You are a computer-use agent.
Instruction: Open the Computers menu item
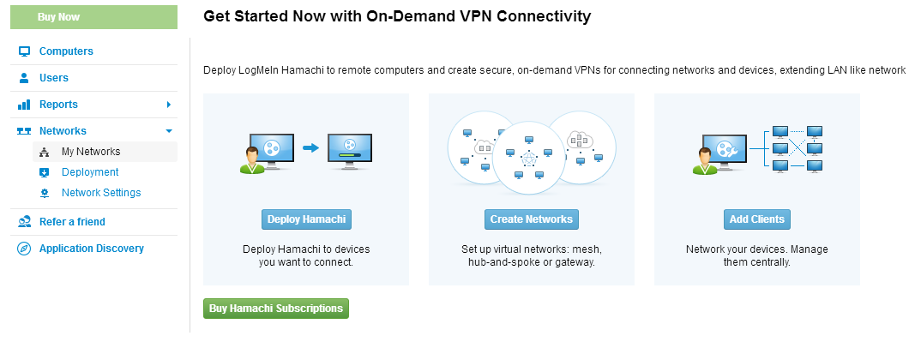pyautogui.click(x=66, y=51)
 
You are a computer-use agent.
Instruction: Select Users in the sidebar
pyautogui.click(x=54, y=78)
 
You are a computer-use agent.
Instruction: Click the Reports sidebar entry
pyautogui.click(x=58, y=105)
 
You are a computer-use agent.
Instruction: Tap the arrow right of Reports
pyautogui.click(x=169, y=105)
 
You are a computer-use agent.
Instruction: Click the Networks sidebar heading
pyautogui.click(x=63, y=131)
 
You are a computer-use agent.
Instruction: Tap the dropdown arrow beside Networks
pyautogui.click(x=169, y=131)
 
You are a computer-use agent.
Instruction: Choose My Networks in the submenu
pyautogui.click(x=91, y=152)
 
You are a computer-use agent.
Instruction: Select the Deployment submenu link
pyautogui.click(x=90, y=172)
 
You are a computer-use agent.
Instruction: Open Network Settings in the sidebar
pyautogui.click(x=101, y=193)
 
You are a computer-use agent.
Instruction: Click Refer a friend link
pyautogui.click(x=72, y=222)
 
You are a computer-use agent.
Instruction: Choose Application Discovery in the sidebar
pyautogui.click(x=92, y=249)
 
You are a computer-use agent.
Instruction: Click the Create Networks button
pyautogui.click(x=532, y=219)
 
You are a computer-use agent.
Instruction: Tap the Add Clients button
pyautogui.click(x=757, y=219)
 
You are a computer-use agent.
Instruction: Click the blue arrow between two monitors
pyautogui.click(x=310, y=148)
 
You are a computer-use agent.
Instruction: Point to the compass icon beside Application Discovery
pyautogui.click(x=24, y=249)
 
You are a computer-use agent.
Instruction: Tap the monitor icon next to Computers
pyautogui.click(x=24, y=51)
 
